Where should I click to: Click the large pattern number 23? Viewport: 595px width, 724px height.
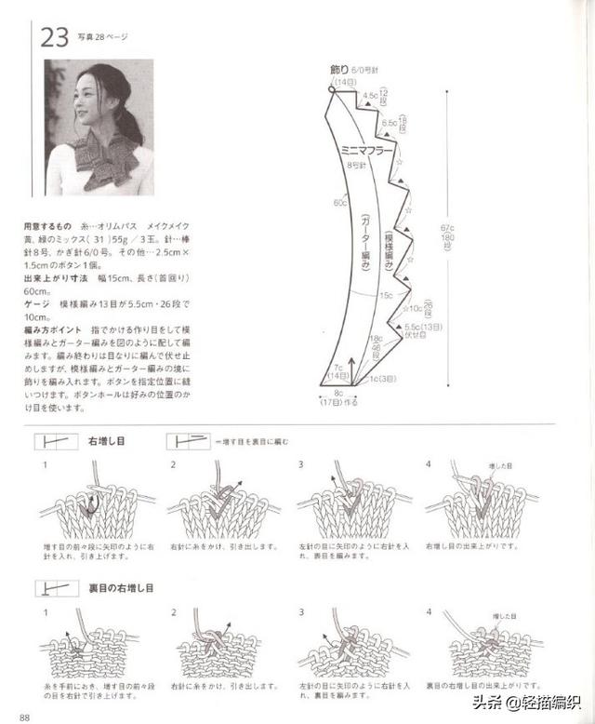(54, 37)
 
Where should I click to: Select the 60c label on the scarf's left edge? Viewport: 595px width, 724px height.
(340, 203)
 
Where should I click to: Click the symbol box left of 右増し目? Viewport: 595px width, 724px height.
(57, 440)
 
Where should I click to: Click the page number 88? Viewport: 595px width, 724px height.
(25, 716)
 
